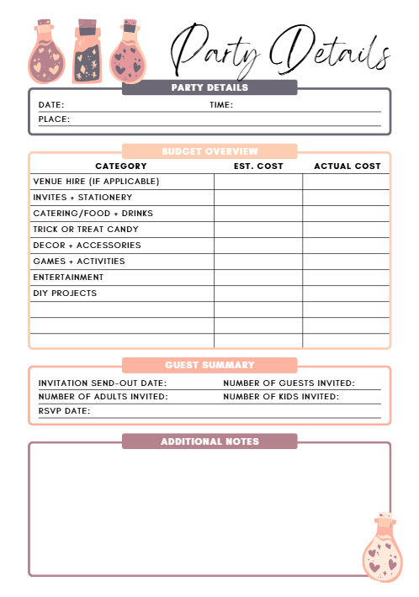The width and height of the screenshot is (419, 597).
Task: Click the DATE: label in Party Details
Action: tap(51, 105)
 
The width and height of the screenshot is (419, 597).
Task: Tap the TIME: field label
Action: tap(221, 105)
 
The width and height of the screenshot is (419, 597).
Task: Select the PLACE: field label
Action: tap(54, 119)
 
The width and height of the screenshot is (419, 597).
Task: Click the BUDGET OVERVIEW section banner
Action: tap(209, 151)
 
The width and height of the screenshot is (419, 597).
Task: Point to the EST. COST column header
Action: tap(258, 166)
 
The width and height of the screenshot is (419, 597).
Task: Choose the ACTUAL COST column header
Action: tap(347, 166)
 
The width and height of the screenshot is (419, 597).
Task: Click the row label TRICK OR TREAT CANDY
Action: tap(86, 230)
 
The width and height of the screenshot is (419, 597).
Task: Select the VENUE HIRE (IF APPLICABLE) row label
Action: tap(96, 182)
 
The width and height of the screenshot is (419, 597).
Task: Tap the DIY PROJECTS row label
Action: tap(65, 293)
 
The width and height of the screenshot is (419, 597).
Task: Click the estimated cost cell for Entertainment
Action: tap(258, 277)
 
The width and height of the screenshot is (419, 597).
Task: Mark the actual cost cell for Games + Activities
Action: tap(347, 262)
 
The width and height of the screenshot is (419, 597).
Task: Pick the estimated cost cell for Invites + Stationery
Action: tap(258, 198)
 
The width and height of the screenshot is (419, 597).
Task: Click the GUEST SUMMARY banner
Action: tap(209, 365)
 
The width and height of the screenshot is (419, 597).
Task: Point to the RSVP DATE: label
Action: tap(64, 411)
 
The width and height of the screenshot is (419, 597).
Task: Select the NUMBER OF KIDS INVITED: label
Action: tap(281, 397)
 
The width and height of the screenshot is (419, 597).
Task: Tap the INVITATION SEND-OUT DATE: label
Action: tap(103, 383)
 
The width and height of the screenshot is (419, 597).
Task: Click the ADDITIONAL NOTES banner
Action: tap(209, 441)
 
